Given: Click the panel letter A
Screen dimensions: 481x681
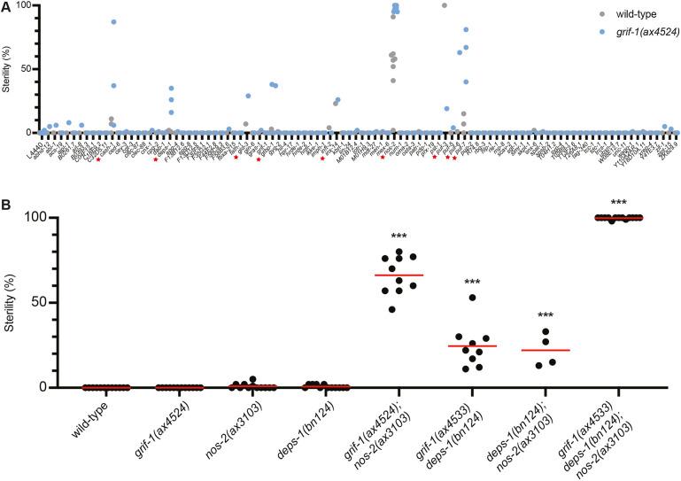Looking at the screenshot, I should (6, 6).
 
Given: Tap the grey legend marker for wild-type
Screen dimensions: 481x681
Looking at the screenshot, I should (581, 16).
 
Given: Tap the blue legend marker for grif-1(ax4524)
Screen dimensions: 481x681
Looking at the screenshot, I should (581, 31).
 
